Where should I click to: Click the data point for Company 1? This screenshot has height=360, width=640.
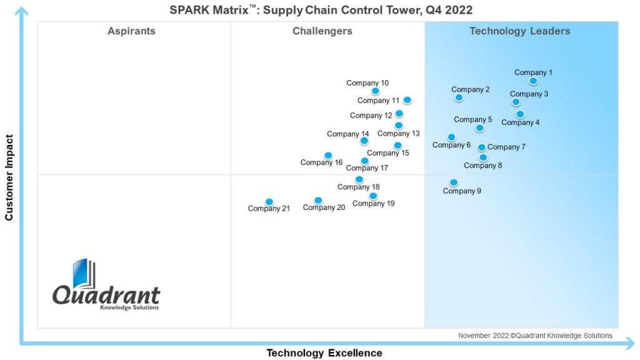tap(533, 81)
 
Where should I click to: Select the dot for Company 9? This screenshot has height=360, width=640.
tap(454, 182)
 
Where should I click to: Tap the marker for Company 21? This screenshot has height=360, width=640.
tap(269, 202)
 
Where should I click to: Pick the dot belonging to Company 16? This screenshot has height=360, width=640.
tap(328, 155)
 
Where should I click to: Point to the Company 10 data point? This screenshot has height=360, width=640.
tap(375, 91)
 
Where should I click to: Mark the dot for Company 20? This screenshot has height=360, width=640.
tap(318, 200)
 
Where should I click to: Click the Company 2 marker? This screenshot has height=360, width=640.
tap(459, 97)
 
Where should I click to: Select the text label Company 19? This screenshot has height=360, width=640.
tap(374, 203)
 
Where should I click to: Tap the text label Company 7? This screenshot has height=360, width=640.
tap(506, 147)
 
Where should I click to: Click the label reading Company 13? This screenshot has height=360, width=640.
tap(398, 134)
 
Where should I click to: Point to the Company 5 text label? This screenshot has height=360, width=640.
tap(472, 119)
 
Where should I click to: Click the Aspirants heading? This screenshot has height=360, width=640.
tap(131, 31)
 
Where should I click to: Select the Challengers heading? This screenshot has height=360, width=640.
tap(322, 31)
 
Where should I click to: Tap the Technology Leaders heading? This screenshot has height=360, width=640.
tap(519, 31)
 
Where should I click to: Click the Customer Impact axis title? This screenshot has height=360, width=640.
tap(9, 177)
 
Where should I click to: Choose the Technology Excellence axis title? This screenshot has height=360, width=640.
tap(324, 353)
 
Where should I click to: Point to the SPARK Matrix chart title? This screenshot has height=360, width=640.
tap(321, 10)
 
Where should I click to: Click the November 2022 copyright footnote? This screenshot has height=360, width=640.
tap(535, 336)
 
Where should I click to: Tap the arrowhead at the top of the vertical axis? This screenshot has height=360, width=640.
tap(21, 11)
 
